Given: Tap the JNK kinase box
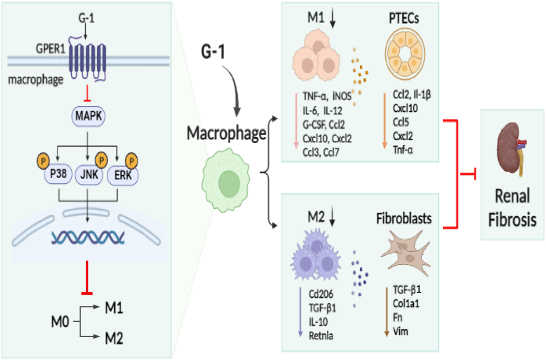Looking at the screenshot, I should coord(87,176).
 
